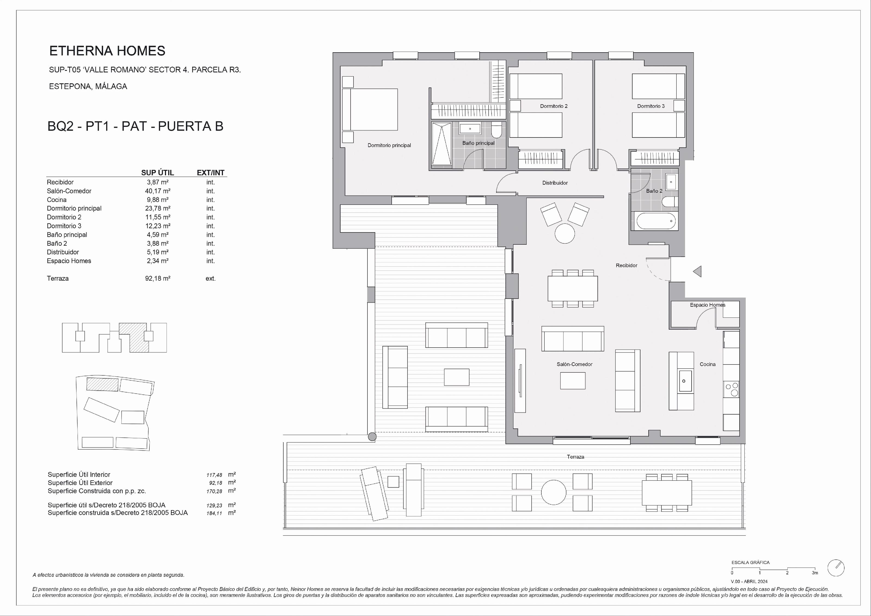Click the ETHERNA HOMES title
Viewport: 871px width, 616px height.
[x=107, y=51]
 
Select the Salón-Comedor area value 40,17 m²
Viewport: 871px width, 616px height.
[x=157, y=191]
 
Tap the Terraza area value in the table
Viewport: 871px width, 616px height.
[x=157, y=278]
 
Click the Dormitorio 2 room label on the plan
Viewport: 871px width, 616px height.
[x=554, y=106]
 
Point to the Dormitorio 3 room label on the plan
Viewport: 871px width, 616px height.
[x=651, y=106]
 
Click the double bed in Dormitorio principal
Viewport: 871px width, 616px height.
[x=370, y=110]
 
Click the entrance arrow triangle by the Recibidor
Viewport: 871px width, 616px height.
[x=697, y=271]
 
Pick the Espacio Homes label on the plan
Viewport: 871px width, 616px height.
[x=707, y=305]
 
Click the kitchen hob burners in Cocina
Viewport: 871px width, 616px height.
[x=732, y=390]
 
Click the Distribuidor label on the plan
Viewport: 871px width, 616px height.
[x=555, y=183]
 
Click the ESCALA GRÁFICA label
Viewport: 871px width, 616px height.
[x=750, y=563]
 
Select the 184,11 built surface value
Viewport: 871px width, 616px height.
[x=214, y=513]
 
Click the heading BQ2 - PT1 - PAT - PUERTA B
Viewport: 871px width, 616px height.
[x=136, y=126]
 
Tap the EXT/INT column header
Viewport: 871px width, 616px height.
[x=211, y=173]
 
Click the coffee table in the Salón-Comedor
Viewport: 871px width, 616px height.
[x=573, y=381]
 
